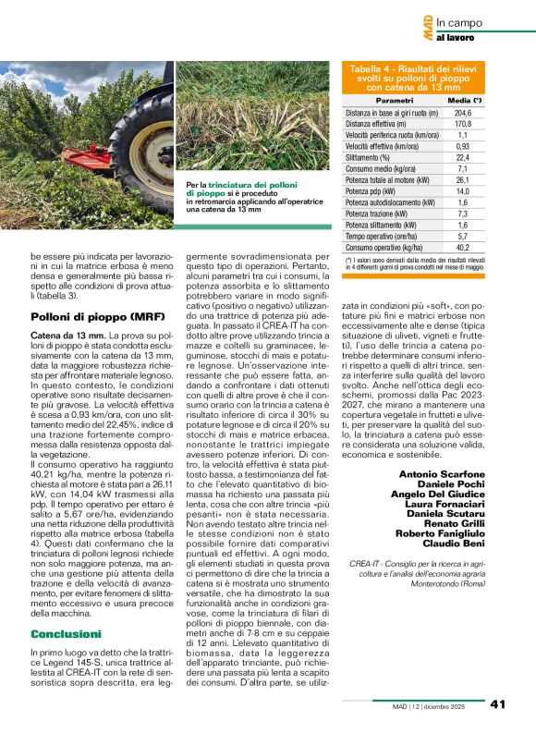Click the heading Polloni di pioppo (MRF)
click(91, 316)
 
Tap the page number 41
click(497, 703)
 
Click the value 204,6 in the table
click(463, 113)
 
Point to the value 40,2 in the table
click(463, 247)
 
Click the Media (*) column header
click(465, 100)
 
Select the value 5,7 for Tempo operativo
click(463, 236)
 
